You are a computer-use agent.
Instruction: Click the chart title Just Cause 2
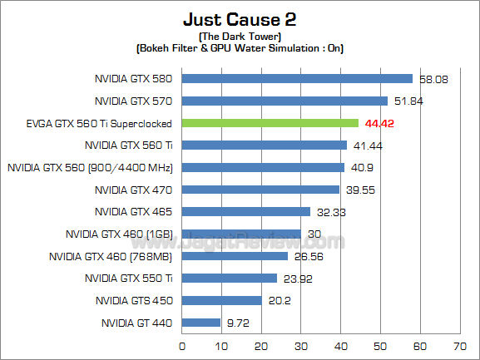click(240, 18)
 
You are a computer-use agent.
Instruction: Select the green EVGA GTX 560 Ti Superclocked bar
click(270, 123)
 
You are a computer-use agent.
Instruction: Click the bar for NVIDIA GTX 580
click(297, 79)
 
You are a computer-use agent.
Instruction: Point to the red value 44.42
click(381, 124)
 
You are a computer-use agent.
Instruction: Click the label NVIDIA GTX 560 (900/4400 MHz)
click(90, 167)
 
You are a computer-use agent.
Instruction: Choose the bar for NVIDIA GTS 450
click(222, 300)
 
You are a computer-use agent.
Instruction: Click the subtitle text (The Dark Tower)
click(240, 37)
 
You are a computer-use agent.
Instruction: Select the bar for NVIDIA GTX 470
click(260, 190)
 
